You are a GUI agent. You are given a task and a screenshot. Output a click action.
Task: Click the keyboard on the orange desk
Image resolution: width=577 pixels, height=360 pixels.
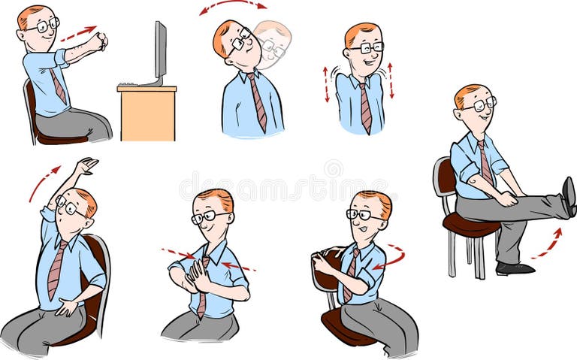click(130, 84)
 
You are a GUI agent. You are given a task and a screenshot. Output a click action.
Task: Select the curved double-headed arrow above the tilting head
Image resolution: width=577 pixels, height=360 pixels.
click(233, 7)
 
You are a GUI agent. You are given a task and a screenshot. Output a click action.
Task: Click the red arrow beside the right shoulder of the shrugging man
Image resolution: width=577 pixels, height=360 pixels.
click(391, 81)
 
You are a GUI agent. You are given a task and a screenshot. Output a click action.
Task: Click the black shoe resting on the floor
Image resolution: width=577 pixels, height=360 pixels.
click(515, 268)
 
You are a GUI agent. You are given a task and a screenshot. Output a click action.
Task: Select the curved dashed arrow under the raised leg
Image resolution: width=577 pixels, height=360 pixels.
click(548, 244)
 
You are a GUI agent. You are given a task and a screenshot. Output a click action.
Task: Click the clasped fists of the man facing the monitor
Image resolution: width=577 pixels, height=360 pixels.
click(99, 41)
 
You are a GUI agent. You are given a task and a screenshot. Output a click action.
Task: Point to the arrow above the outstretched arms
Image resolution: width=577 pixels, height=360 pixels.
click(78, 33)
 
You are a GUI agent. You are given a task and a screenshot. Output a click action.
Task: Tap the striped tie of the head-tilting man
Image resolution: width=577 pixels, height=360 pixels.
click(258, 101)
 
